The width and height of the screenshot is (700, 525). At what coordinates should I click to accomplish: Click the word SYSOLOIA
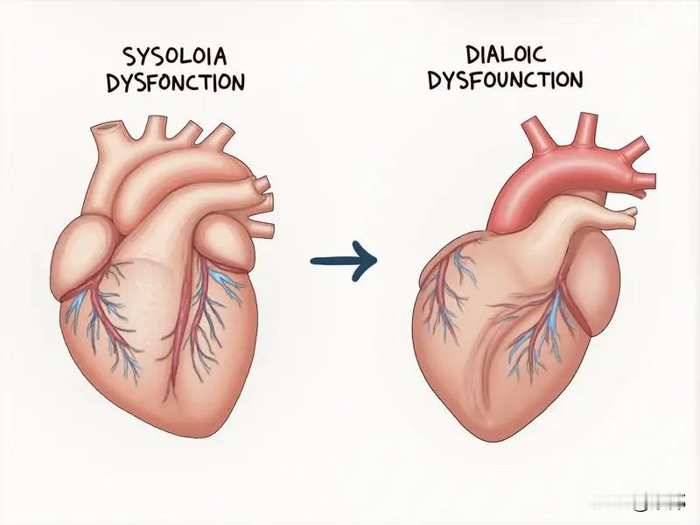174,56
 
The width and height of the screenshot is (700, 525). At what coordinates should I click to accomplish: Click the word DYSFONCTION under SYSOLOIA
176,82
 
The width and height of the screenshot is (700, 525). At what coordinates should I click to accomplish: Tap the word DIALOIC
506,54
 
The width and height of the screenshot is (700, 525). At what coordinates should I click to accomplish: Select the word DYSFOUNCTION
506,80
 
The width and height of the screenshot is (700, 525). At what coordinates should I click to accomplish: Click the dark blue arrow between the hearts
344,261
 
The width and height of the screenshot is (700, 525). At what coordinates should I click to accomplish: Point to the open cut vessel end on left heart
106,127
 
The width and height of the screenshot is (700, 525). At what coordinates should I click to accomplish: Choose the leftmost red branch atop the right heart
538,134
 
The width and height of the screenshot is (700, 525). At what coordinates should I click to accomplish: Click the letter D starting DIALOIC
473,54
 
